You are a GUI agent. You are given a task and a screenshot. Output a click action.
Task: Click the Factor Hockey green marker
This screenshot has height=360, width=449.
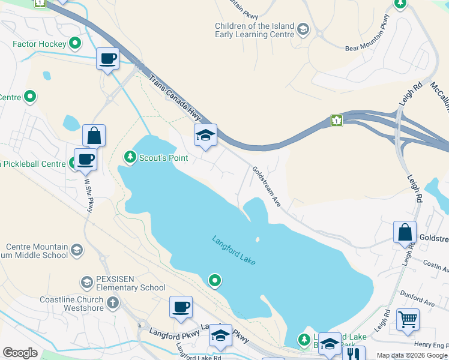click(75, 43)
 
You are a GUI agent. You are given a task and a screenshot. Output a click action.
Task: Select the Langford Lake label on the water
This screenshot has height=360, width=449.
click(235, 250)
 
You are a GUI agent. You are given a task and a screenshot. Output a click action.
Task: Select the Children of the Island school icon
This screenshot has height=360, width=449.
click(304, 29)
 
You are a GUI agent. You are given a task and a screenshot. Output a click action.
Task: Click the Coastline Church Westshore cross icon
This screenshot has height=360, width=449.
click(112, 302)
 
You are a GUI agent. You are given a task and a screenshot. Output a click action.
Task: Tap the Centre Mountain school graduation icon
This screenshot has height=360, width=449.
click(77, 250)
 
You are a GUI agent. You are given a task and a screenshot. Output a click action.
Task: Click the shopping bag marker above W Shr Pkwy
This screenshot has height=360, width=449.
click(94, 136)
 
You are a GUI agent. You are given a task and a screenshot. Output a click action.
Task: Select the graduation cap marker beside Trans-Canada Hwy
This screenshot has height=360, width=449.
click(205, 136)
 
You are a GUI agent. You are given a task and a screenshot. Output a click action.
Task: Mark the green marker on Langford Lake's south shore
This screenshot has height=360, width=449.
click(214, 280)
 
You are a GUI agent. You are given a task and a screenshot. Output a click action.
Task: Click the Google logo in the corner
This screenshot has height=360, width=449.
click(20, 352)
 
